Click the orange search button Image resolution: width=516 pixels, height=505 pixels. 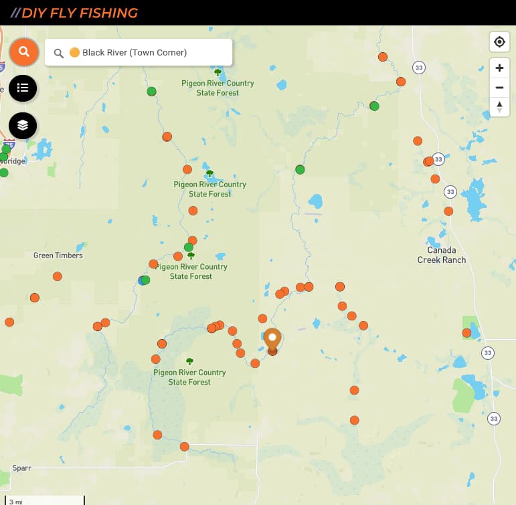coord(24,52)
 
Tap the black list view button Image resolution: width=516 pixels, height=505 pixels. coord(23,88)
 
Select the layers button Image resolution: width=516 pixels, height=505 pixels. coord(23,125)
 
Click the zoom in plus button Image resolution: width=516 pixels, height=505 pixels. coord(499,68)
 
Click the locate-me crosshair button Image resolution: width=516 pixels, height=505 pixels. coord(499,42)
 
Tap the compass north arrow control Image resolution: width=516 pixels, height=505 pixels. coord(499,106)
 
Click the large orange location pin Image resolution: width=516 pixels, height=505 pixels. coord(272,339)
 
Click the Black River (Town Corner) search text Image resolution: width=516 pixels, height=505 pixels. coord(135,52)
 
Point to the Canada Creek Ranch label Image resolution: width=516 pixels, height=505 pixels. coord(442,255)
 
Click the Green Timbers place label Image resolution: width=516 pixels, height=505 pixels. coord(58,256)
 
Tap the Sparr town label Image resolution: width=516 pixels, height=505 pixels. coord(21,468)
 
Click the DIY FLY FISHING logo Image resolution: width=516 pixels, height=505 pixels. coord(79,13)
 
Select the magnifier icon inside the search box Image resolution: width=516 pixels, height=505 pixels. coord(59,53)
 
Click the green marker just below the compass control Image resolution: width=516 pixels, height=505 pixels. coord(374,106)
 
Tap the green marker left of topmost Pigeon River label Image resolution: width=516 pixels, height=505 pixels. coord(152,91)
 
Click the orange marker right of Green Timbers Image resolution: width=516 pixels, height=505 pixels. coord(58,276)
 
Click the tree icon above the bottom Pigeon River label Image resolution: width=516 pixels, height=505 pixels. coord(190,361)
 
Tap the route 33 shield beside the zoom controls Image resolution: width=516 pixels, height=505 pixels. coord(419,68)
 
